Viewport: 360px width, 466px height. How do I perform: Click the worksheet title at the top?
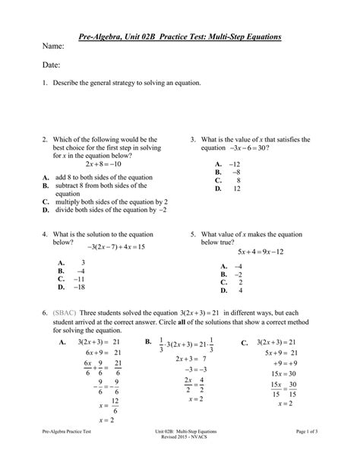click(180, 36)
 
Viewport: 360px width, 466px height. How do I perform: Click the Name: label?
click(52, 47)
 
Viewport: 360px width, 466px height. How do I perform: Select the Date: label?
click(50, 67)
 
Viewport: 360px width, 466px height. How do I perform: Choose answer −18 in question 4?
click(78, 287)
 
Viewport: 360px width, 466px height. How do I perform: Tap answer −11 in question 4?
click(78, 279)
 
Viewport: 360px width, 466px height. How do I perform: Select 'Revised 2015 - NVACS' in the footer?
click(180, 459)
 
